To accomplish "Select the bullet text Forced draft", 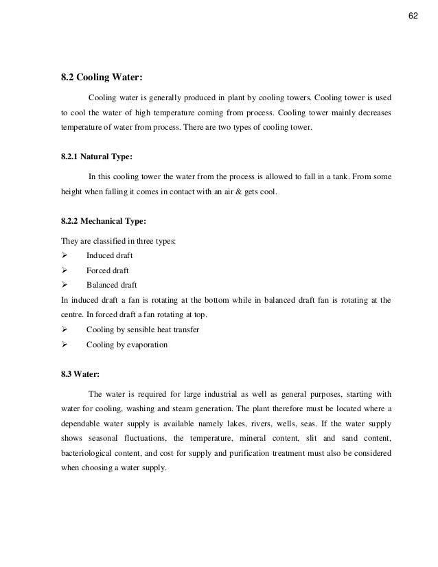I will (x=107, y=270).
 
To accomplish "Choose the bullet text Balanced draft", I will (x=111, y=285).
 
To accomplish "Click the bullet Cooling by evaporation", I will (x=126, y=344).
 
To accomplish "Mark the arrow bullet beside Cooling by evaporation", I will (x=65, y=344).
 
